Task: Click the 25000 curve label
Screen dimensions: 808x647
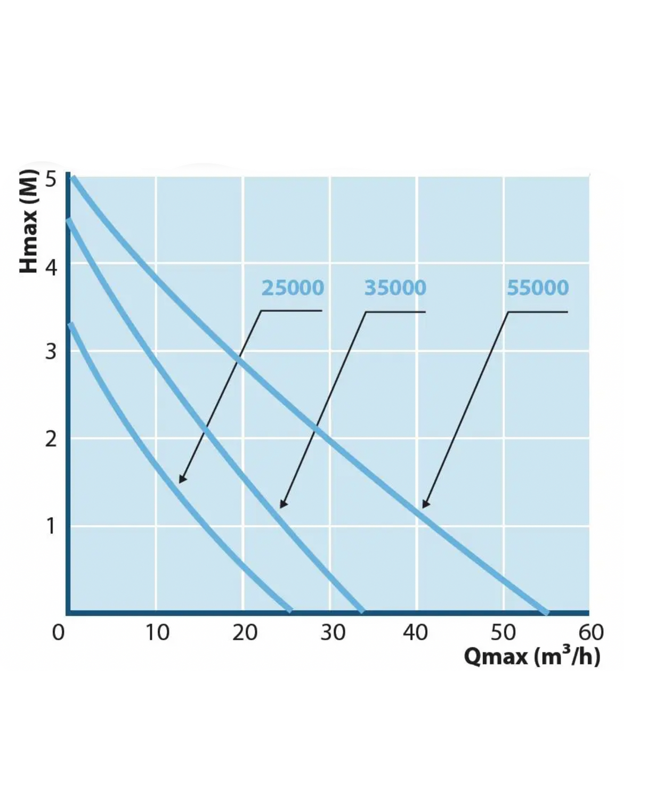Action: tap(293, 288)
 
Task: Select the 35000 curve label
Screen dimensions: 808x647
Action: tap(395, 288)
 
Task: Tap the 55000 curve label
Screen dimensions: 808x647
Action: tap(537, 288)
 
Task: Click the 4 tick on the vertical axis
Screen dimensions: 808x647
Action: tap(51, 267)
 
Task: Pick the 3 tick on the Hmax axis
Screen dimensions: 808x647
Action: tap(51, 352)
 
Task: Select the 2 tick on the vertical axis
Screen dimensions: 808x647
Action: tap(51, 439)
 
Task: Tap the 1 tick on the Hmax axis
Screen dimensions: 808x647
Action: tap(51, 526)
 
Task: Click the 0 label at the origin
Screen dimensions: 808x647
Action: tap(58, 633)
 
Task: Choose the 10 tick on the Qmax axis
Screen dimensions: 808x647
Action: tap(157, 633)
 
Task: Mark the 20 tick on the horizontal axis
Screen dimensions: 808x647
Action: tap(245, 633)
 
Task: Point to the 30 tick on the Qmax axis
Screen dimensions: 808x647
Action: tap(333, 633)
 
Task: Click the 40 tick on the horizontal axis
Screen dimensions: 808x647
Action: tap(415, 633)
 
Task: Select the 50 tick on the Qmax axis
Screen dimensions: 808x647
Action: tap(503, 633)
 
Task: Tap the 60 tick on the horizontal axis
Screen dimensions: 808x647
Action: tap(591, 633)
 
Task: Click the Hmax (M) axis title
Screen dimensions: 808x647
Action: tap(29, 221)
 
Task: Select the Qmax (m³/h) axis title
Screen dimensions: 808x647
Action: tap(532, 656)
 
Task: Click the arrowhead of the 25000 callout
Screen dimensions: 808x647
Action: tap(181, 480)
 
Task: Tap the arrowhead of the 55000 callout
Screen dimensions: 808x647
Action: tap(425, 504)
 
